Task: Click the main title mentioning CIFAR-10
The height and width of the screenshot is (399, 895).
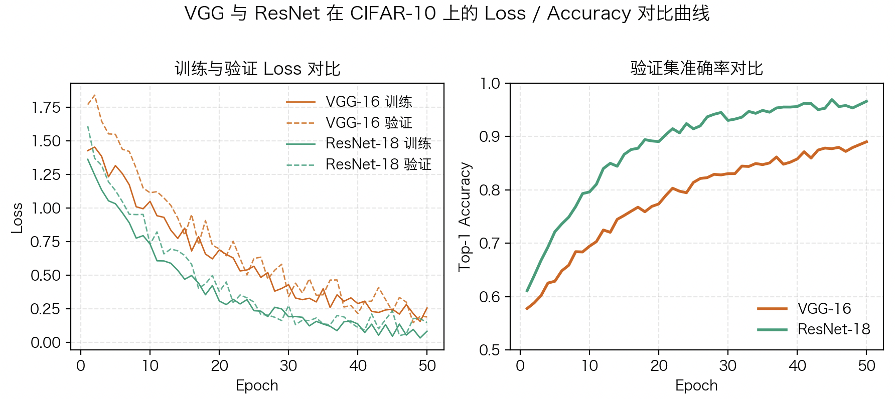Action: tap(447, 14)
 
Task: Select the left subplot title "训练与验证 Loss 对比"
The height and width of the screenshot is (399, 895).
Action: tap(257, 69)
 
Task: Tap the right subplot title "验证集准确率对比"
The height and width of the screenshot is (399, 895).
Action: tap(696, 68)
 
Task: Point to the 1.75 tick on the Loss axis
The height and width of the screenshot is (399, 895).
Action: tap(46, 107)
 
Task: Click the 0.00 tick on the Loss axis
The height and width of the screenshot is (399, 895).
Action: tap(46, 343)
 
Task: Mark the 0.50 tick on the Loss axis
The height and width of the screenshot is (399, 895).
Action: tap(46, 275)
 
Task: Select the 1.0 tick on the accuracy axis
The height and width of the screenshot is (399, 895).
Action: tap(490, 83)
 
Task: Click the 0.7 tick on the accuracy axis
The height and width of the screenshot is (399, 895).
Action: tap(490, 244)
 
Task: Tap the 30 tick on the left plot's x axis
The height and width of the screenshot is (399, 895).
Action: tap(288, 366)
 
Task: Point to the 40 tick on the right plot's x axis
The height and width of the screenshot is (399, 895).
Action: tap(797, 366)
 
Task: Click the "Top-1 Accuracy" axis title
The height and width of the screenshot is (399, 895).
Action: tap(465, 217)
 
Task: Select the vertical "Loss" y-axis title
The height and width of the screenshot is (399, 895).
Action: tap(17, 218)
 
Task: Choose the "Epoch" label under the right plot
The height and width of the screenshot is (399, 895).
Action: tap(696, 385)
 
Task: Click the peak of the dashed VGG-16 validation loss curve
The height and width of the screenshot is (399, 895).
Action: tap(94, 95)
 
